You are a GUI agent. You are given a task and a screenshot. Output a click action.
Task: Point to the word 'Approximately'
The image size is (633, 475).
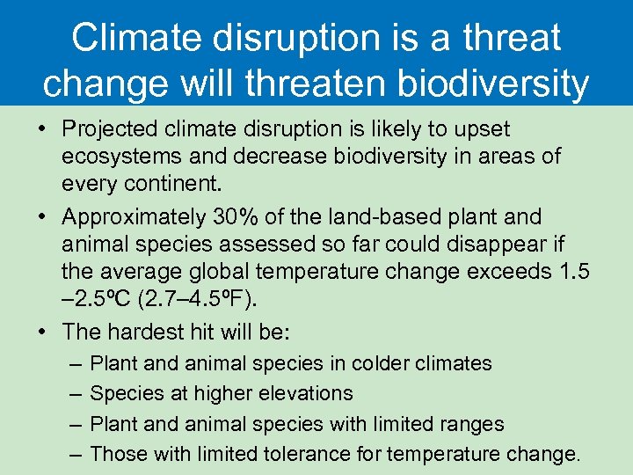[x=132, y=216]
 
